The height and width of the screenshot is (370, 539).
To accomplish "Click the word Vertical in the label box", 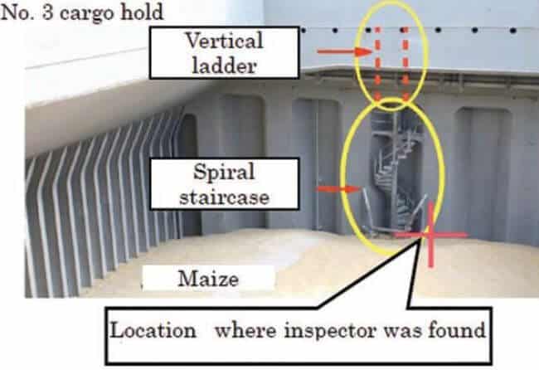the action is pyautogui.click(x=225, y=40).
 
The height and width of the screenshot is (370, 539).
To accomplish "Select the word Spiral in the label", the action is pyautogui.click(x=224, y=172).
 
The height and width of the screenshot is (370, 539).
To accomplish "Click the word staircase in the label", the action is pyautogui.click(x=224, y=197).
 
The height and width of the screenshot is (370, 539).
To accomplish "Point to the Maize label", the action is pyautogui.click(x=208, y=279).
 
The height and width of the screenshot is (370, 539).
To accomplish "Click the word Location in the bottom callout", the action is pyautogui.click(x=153, y=330).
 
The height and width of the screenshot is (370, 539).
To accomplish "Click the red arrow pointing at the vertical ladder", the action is pyautogui.click(x=345, y=51).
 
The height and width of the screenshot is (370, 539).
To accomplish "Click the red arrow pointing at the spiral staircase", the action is pyautogui.click(x=338, y=188).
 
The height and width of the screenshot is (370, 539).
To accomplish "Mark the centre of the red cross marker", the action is pyautogui.click(x=430, y=235).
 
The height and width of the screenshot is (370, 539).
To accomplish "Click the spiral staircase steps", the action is pyautogui.click(x=396, y=172).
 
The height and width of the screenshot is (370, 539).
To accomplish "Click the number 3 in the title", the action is pyautogui.click(x=48, y=12).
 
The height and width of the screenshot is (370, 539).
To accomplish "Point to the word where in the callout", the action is pyautogui.click(x=245, y=330).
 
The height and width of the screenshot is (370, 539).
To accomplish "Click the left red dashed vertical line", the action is pyautogui.click(x=378, y=64).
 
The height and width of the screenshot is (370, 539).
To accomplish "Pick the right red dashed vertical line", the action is pyautogui.click(x=405, y=64).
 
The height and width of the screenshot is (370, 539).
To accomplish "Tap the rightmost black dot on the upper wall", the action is pyautogui.click(x=513, y=31).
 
